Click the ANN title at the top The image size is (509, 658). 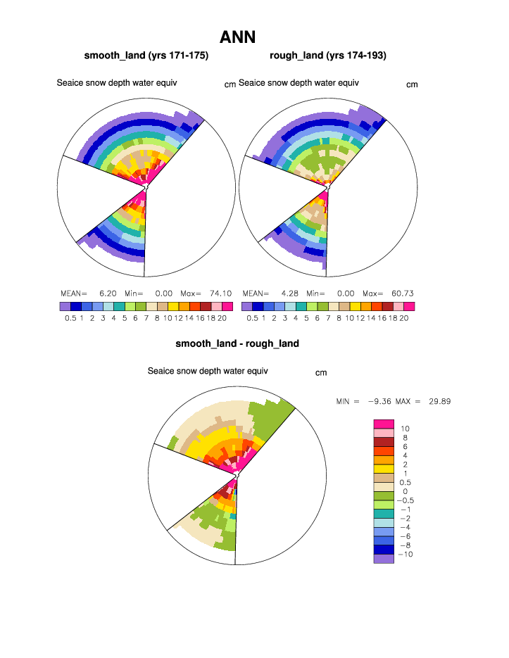click(x=237, y=37)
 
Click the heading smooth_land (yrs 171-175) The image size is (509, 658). click(x=146, y=56)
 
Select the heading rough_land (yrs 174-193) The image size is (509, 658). click(x=328, y=56)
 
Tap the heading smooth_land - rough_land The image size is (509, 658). click(x=237, y=343)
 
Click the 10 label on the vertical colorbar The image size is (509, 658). click(x=406, y=429)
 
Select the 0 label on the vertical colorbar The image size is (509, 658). click(x=405, y=491)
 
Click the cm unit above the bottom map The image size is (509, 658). click(x=321, y=373)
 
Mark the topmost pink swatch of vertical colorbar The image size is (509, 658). click(x=383, y=424)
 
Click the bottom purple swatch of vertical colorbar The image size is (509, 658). click(x=383, y=559)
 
